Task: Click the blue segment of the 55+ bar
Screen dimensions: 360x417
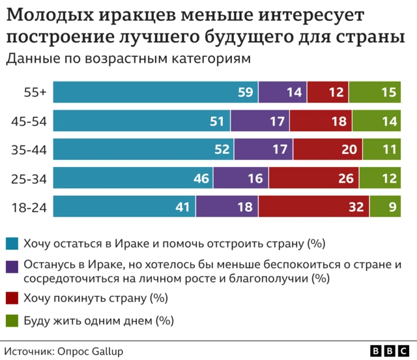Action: (155, 93)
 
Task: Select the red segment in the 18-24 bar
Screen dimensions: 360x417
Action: (313, 207)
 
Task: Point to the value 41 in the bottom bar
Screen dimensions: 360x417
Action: (183, 207)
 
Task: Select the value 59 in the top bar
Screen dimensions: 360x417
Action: (245, 93)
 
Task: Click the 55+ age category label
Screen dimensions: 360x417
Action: (35, 93)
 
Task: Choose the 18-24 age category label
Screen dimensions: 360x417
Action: (29, 207)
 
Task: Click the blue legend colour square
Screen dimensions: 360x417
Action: (12, 245)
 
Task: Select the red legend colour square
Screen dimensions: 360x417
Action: (12, 299)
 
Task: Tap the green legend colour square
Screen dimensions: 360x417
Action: (12, 321)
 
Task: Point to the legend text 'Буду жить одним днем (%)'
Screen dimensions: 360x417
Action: (98, 320)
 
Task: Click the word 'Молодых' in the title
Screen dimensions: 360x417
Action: (50, 15)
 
